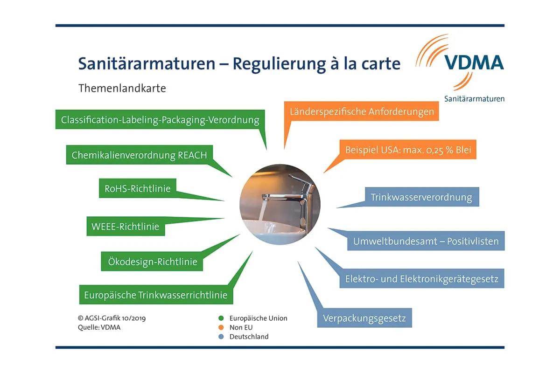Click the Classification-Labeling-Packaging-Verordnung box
point(160,120)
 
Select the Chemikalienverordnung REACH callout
point(139,155)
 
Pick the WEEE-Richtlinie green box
point(125,227)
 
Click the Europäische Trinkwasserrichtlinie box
point(155,295)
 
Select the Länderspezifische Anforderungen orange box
point(362,112)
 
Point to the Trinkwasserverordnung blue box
point(421,197)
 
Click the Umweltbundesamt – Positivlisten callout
point(426,242)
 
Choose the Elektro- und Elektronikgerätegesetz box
point(422,279)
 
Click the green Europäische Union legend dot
point(221,318)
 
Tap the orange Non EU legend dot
point(221,327)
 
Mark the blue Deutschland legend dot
point(221,336)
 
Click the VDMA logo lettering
point(474,62)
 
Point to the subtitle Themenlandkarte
point(122,88)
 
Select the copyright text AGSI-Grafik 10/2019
point(115,318)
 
